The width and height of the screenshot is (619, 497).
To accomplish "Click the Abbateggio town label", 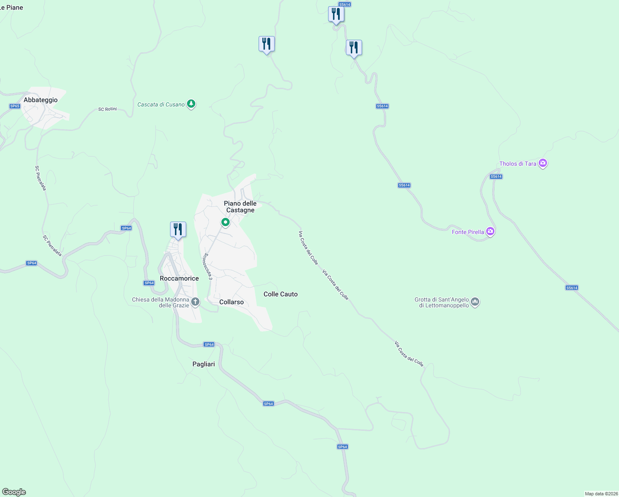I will click(41, 100).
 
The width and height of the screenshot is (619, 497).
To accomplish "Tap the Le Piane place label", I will click(12, 7).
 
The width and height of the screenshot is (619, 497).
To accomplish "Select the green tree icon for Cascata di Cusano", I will click(191, 104).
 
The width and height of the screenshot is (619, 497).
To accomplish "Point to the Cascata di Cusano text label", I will click(161, 104).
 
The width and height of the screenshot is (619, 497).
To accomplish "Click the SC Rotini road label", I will click(108, 109).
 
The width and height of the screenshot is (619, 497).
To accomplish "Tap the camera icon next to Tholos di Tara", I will click(543, 163).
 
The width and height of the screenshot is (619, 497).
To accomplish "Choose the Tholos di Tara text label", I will click(518, 164).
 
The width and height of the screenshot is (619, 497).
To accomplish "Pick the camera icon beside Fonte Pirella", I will click(490, 231).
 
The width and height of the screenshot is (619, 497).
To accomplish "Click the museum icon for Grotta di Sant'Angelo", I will click(475, 302).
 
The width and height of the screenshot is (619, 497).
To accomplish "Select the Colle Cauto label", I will click(281, 294).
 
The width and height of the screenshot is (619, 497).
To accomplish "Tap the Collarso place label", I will click(231, 302).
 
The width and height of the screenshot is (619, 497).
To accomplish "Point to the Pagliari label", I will click(204, 364).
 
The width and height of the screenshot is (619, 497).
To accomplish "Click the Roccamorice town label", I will click(179, 278).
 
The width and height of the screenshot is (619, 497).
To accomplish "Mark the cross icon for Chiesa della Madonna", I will click(195, 302).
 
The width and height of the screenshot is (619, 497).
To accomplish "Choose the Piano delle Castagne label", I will click(240, 207).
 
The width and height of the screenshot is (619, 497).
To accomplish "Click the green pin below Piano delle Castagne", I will click(226, 222).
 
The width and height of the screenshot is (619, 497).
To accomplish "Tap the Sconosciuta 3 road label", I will click(208, 266).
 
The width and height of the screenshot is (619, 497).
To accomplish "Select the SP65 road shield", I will click(15, 106).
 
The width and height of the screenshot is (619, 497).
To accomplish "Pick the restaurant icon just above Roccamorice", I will click(178, 229).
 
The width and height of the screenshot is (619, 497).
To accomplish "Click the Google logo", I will click(14, 492).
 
